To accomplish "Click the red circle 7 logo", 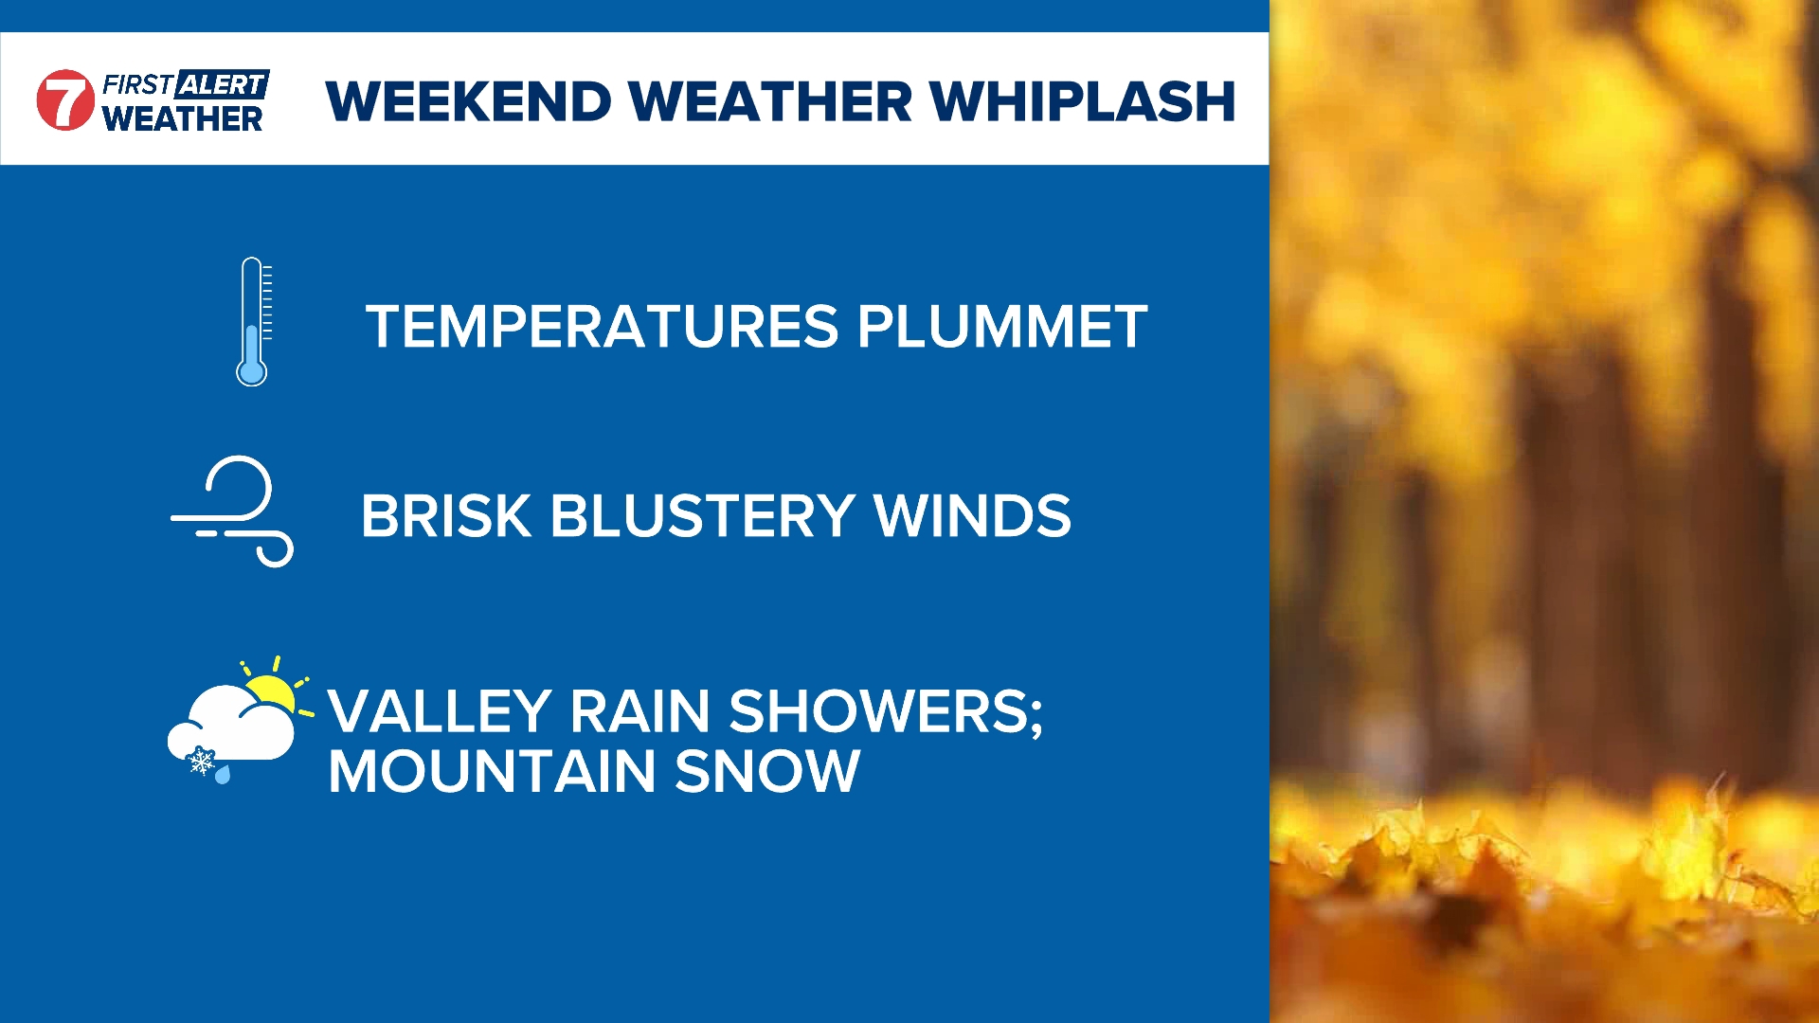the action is [65, 99].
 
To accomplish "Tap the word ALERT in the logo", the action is [223, 84].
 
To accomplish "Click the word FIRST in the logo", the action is [137, 85].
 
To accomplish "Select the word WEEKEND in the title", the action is [469, 101].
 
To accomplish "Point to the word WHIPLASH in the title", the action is [1082, 101].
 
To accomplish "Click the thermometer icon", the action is [253, 321].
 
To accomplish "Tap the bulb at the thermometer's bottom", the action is [251, 370].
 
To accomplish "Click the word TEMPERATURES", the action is [603, 327].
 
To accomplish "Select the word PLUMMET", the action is [1002, 327].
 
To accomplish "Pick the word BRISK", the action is [446, 516].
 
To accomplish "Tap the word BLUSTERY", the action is [703, 516].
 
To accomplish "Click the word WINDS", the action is [972, 516].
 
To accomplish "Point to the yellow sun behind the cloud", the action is [275, 688].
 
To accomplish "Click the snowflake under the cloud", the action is [201, 761].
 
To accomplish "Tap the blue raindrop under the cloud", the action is [223, 775].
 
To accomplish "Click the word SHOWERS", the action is [886, 712].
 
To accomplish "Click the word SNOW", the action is [767, 771].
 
